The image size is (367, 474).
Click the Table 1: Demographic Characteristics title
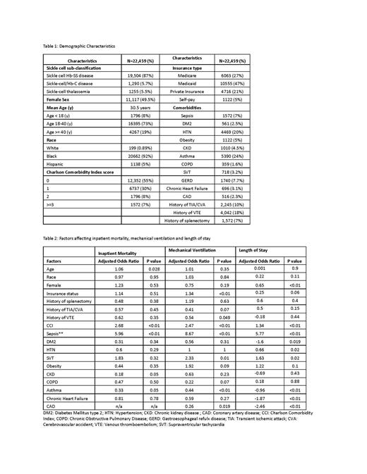[x=78, y=46]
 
